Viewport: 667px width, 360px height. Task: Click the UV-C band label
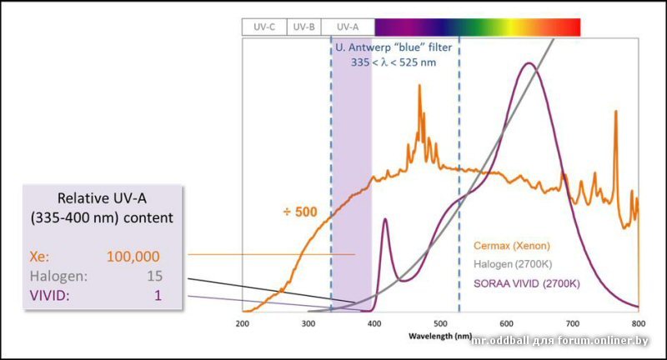pyautogui.click(x=264, y=27)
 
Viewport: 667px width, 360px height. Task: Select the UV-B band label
pyautogui.click(x=303, y=27)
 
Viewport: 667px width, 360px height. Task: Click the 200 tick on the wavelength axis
pyautogui.click(x=243, y=322)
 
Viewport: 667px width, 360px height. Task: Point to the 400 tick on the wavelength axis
pyautogui.click(x=374, y=322)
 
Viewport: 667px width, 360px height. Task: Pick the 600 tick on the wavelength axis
pyautogui.click(x=506, y=322)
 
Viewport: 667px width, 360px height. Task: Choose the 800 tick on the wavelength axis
pyautogui.click(x=638, y=322)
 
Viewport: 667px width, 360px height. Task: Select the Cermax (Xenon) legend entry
pyautogui.click(x=510, y=246)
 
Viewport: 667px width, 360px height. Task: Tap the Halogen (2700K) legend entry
pyautogui.click(x=511, y=264)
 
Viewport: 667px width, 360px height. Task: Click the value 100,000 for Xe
pyautogui.click(x=133, y=256)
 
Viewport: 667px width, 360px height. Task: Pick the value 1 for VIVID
pyautogui.click(x=157, y=295)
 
